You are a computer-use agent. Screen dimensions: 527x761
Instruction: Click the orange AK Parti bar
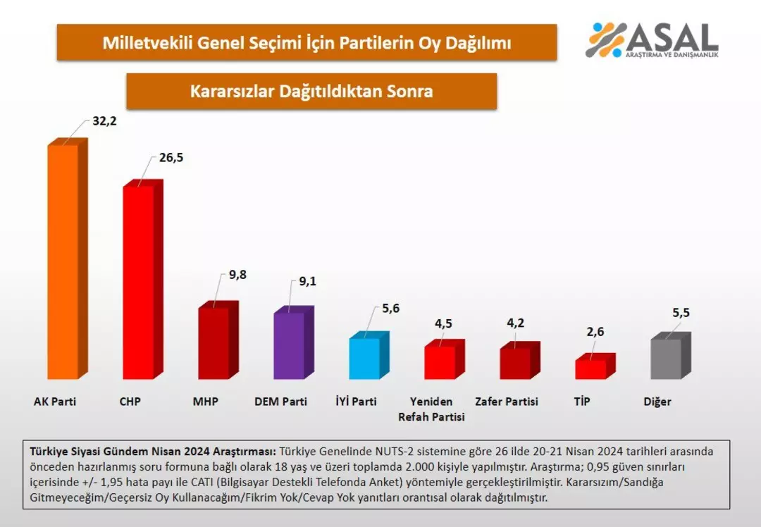(63, 262)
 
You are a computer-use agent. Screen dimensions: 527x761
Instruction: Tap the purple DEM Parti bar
(289, 345)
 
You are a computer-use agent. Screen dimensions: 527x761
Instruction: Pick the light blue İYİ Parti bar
(364, 358)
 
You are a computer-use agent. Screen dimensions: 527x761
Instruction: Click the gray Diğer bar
(666, 359)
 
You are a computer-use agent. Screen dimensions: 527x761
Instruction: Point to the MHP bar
(214, 343)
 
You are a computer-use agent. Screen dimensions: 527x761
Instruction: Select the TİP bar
(590, 368)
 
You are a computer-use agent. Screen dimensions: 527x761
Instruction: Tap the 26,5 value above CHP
(171, 157)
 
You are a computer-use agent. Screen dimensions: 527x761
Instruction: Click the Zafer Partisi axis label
(507, 402)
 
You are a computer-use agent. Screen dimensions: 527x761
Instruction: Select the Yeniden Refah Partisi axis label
(431, 409)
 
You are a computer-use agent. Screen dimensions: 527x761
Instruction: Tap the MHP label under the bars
(206, 402)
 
